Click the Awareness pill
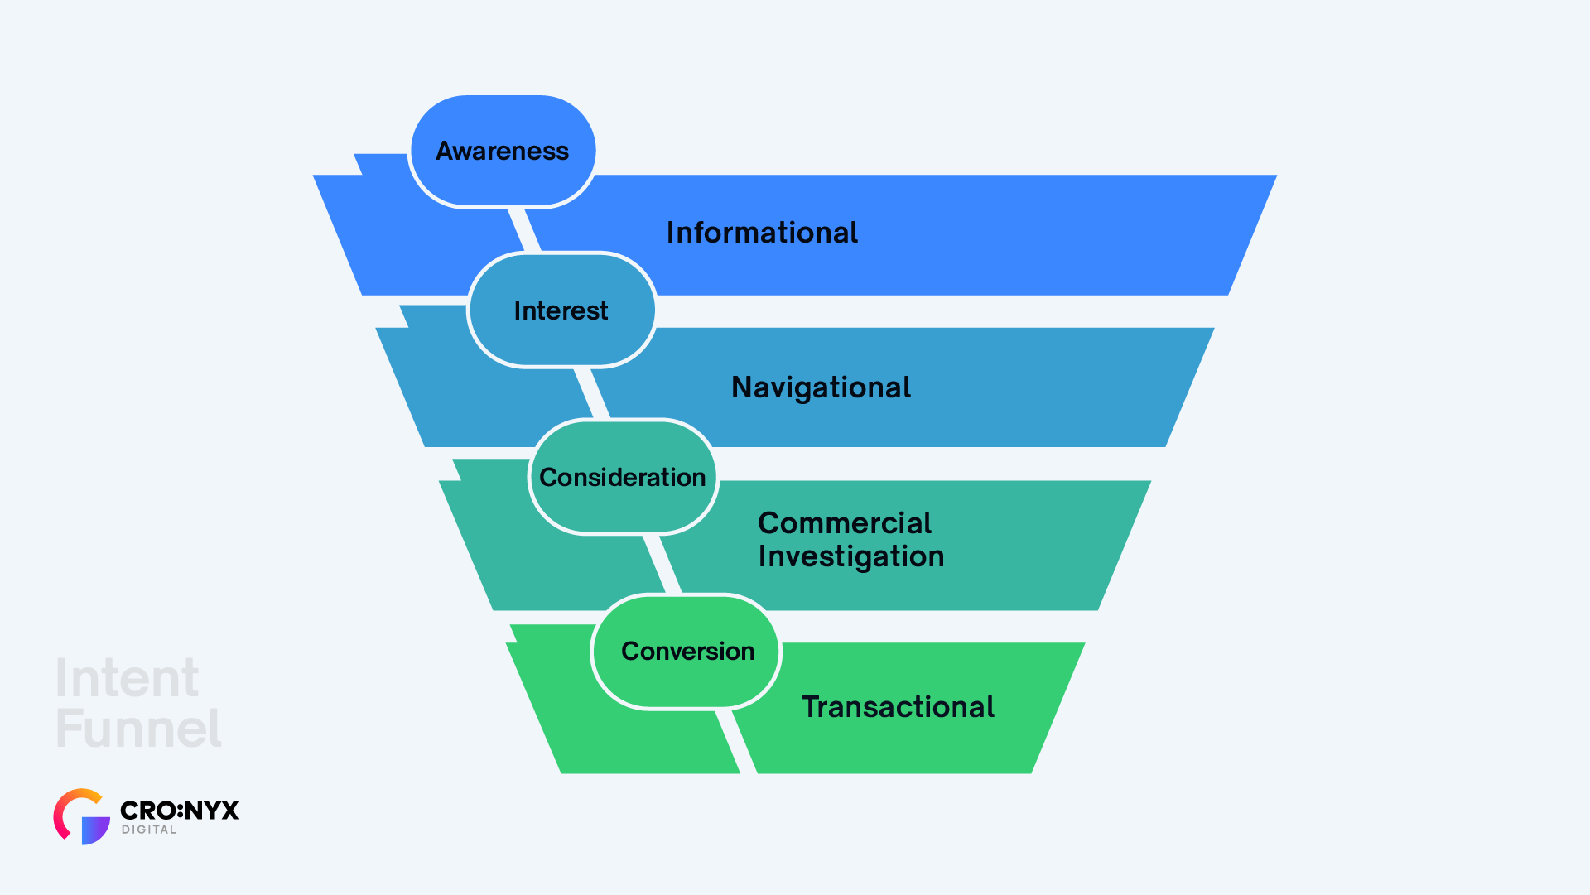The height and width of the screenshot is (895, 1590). coord(503,151)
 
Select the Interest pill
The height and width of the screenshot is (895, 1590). coord(561,310)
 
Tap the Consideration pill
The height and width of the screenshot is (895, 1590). coord(623,477)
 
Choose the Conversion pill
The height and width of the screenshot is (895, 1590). coord(687,652)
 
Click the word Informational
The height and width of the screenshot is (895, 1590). coord(762,233)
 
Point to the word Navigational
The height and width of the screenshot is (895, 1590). coord(821,387)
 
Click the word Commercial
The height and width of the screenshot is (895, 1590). coord(845,523)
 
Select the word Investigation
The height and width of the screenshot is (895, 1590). coord(851,556)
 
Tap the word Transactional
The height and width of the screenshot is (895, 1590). coord(898,707)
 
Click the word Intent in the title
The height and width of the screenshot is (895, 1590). coord(127,679)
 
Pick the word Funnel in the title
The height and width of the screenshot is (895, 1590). coord(138,729)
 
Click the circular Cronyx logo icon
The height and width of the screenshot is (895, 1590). coord(81,816)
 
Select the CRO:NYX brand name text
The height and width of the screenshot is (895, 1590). coord(179,810)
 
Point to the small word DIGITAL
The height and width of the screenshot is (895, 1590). coord(149,830)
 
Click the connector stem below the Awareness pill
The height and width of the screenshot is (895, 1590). coord(524,230)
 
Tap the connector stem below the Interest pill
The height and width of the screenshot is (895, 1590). coord(592,392)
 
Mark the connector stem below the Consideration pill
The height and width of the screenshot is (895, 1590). coord(662,564)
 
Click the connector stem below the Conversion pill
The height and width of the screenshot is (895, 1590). coord(736,742)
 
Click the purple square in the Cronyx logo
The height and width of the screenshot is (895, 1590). coord(94,830)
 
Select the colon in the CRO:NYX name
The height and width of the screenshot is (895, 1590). coord(181,810)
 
